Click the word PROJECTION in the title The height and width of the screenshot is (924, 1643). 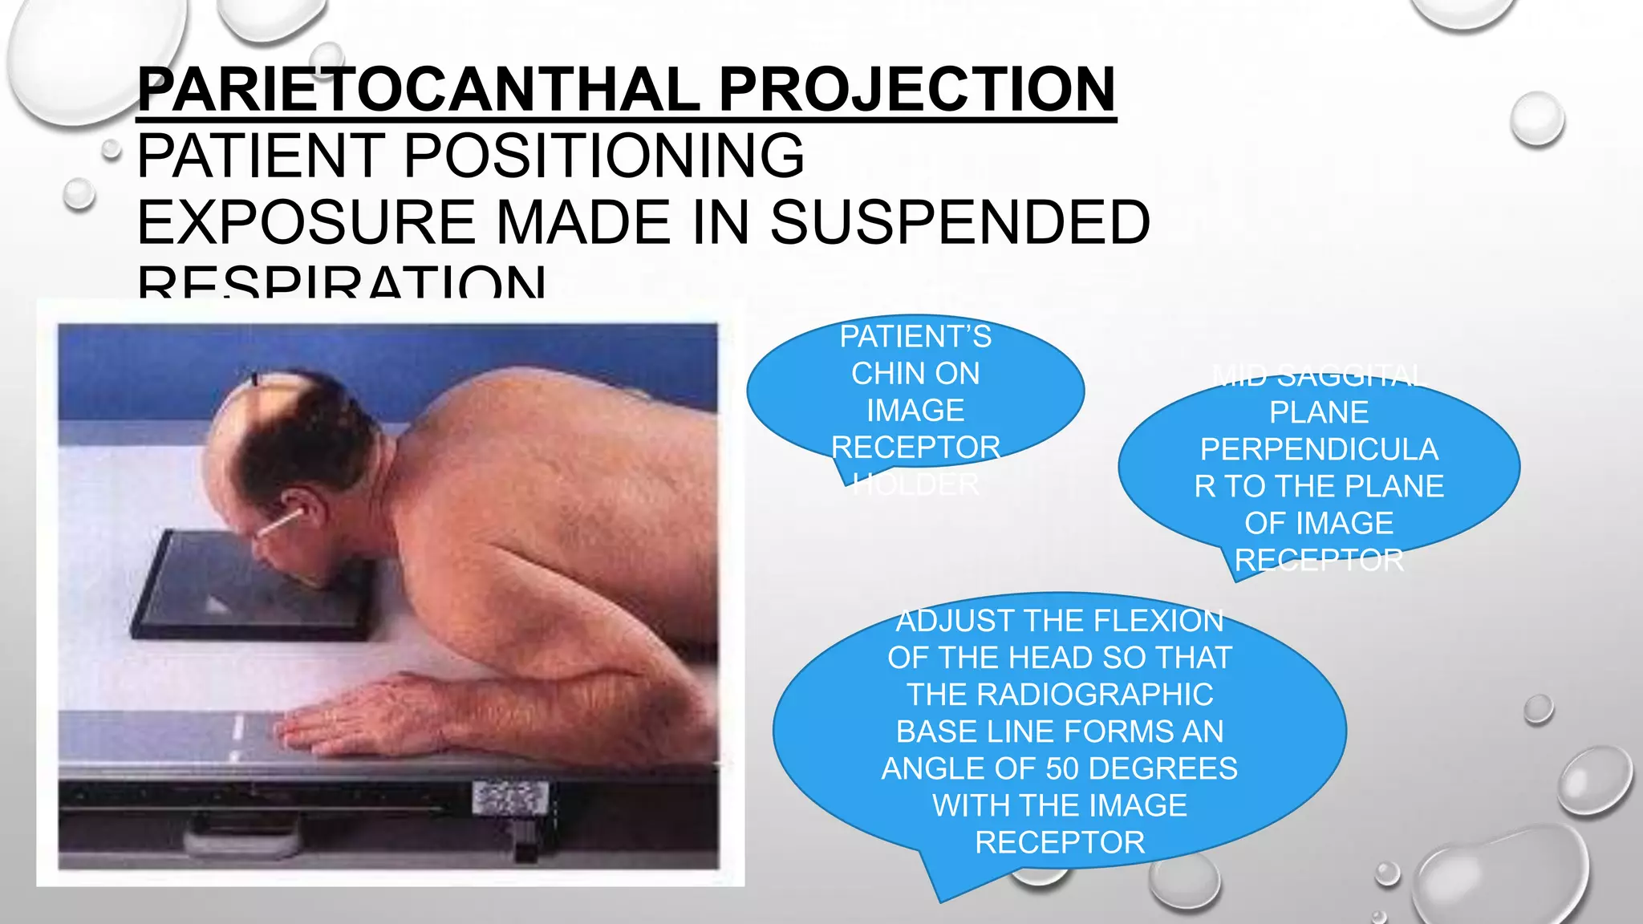(916, 90)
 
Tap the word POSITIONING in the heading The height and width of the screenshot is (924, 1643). (603, 156)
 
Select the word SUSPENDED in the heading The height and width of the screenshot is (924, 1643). (959, 223)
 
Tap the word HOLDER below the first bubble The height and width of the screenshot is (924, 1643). (915, 484)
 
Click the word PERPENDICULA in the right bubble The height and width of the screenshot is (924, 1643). (1319, 449)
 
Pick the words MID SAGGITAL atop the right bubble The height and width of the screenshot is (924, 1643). (1319, 375)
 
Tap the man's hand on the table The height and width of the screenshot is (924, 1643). (345, 714)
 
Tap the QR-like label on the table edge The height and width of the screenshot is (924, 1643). (510, 797)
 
